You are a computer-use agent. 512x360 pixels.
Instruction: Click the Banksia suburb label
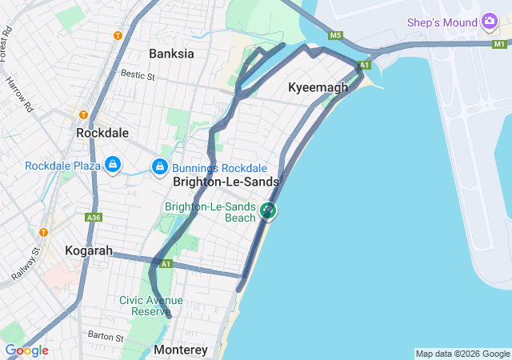(x=171, y=54)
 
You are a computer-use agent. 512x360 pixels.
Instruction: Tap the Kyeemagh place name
(x=318, y=87)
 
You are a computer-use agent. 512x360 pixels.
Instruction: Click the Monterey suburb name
(x=180, y=350)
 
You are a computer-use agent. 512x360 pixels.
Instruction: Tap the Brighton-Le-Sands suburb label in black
(x=226, y=182)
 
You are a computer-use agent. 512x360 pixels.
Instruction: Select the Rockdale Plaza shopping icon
(x=114, y=166)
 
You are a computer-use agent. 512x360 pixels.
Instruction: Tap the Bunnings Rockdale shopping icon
(x=160, y=167)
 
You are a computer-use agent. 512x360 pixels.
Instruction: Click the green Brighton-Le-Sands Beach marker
(x=268, y=211)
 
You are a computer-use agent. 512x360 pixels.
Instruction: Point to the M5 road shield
(x=335, y=35)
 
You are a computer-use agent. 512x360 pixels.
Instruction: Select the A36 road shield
(x=93, y=217)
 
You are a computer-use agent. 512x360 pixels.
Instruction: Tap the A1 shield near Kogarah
(x=166, y=263)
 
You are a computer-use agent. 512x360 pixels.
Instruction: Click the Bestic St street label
(x=138, y=74)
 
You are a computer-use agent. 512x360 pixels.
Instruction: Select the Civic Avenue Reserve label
(x=150, y=306)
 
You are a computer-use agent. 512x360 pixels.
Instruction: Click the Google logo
(x=26, y=350)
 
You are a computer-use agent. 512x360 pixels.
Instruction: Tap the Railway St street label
(x=25, y=264)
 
